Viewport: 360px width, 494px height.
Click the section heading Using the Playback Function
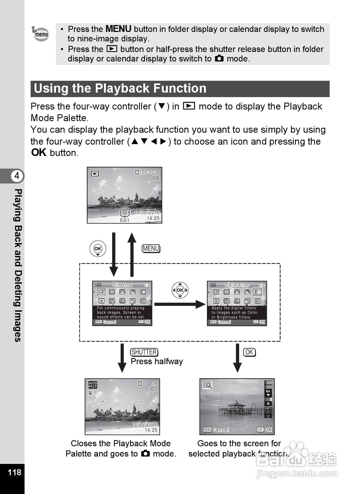[120, 89]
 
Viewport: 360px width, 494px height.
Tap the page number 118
[14, 472]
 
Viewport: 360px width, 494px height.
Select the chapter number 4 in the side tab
[17, 176]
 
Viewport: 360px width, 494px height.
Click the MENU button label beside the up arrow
[151, 249]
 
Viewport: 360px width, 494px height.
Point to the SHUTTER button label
[144, 352]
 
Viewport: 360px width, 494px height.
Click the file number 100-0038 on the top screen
[149, 172]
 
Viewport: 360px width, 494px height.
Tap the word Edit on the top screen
[125, 220]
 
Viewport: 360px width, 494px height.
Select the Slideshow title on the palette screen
[122, 285]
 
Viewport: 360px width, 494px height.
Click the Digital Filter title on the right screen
[237, 285]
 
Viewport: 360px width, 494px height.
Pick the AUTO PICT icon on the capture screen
[93, 385]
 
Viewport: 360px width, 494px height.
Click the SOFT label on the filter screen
[268, 408]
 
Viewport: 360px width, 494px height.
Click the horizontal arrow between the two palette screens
[179, 304]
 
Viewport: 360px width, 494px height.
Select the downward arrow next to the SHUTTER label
[122, 358]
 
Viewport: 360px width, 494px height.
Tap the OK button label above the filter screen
[249, 352]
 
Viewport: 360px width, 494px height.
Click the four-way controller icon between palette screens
[180, 290]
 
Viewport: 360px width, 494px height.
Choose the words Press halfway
[157, 361]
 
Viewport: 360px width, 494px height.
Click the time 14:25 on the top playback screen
[153, 218]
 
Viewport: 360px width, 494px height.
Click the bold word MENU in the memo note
[118, 29]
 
